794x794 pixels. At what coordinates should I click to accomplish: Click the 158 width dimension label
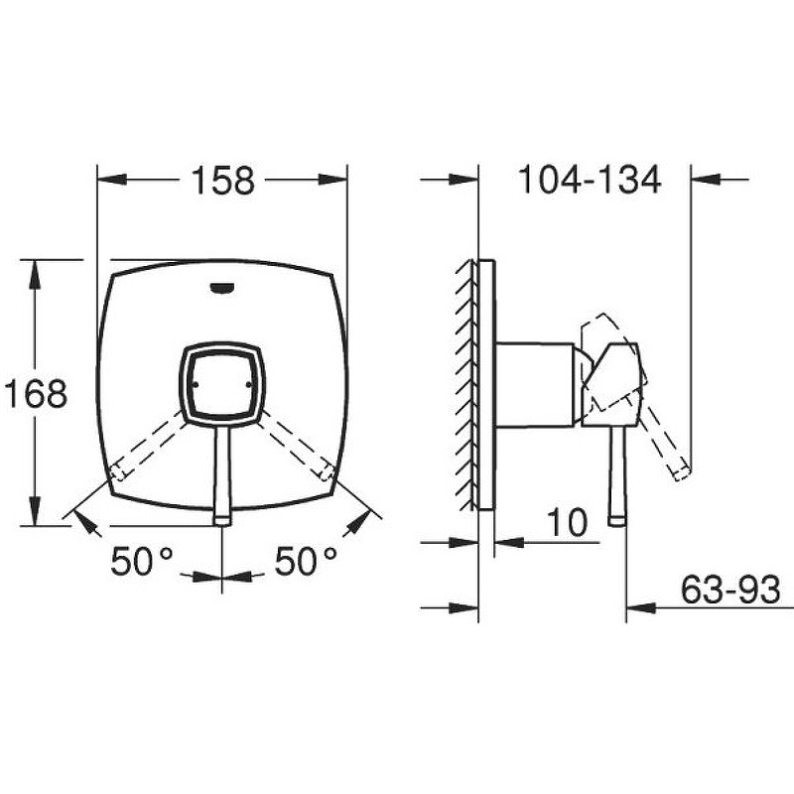(222, 181)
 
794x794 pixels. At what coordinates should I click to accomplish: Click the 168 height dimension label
(36, 393)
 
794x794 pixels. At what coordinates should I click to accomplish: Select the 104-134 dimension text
(590, 180)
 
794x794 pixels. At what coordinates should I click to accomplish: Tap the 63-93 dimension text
(730, 590)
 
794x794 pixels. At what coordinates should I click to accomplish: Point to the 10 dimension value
(568, 522)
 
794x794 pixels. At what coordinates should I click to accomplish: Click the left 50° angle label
(142, 561)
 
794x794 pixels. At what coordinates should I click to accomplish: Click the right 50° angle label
(306, 561)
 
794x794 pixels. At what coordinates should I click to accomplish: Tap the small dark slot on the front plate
(221, 288)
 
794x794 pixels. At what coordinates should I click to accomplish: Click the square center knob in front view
(222, 384)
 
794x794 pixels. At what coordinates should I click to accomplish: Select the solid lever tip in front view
(222, 521)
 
